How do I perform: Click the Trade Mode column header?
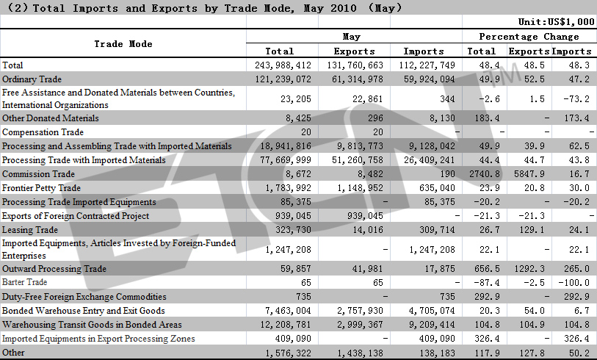[123, 44]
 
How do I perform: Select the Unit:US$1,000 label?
[556, 22]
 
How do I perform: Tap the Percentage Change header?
[529, 37]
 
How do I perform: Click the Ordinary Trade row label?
[32, 79]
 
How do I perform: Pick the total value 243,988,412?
[283, 65]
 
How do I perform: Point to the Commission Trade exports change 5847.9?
[529, 174]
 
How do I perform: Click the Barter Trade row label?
[24, 282]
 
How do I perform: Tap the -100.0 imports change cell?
[574, 283]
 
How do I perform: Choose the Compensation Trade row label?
[43, 132]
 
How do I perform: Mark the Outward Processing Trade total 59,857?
[296, 269]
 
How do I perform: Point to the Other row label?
[13, 353]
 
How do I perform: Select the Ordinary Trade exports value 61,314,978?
[357, 79]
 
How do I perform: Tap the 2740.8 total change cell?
[485, 174]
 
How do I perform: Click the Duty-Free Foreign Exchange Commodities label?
[84, 297]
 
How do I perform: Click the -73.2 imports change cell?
[576, 99]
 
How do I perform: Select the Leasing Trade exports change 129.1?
[532, 230]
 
